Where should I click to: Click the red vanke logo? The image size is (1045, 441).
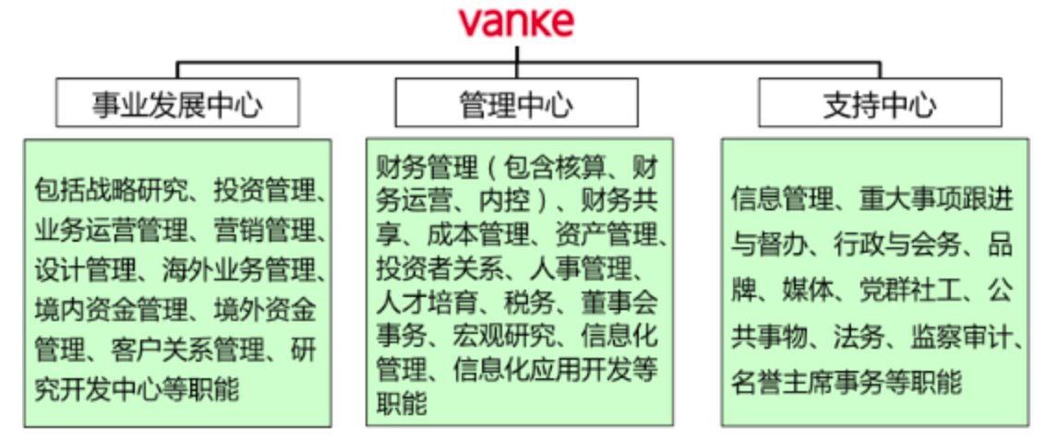tap(516, 22)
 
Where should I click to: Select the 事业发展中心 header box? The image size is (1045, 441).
tap(177, 102)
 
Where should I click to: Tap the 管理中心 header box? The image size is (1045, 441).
tap(517, 102)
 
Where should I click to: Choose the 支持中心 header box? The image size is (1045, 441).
tap(880, 102)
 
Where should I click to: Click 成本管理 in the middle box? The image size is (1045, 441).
tap(478, 234)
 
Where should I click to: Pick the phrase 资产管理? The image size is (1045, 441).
tap(606, 234)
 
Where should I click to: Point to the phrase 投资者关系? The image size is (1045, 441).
tap(439, 268)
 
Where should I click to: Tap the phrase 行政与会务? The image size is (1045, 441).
tap(897, 245)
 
